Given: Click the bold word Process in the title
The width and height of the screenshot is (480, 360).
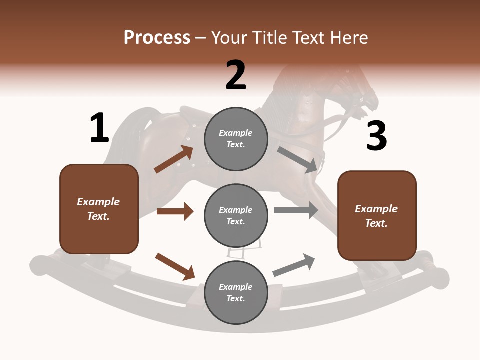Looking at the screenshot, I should pyautogui.click(x=157, y=37).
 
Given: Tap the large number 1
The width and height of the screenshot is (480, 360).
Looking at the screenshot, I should pyautogui.click(x=99, y=128).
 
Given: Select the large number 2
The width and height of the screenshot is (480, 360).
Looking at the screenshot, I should pyautogui.click(x=236, y=75).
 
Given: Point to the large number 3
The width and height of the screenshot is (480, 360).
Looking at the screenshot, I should pyautogui.click(x=376, y=136).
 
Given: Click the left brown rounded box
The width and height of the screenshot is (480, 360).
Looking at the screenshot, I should pyautogui.click(x=99, y=209).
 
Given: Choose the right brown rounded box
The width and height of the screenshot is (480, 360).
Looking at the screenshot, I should pyautogui.click(x=377, y=216).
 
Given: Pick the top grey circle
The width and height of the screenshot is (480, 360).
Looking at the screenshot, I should pyautogui.click(x=236, y=139).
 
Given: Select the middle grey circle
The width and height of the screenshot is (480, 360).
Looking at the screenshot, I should pyautogui.click(x=236, y=216).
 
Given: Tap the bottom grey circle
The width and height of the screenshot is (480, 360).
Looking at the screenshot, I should pyautogui.click(x=236, y=293).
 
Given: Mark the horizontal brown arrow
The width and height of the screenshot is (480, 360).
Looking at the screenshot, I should pyautogui.click(x=175, y=211).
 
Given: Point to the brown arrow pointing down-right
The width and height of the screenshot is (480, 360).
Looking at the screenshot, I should pyautogui.click(x=175, y=266).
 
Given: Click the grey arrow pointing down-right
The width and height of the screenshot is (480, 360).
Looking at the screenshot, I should pyautogui.click(x=298, y=160).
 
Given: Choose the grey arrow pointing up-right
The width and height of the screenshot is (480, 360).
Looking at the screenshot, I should pyautogui.click(x=294, y=265).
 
